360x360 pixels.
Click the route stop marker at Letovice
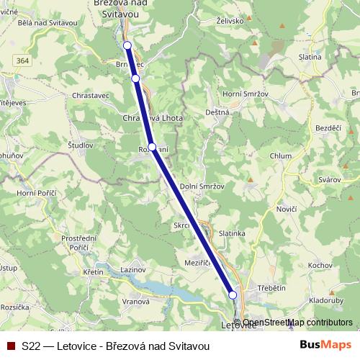tap(233, 294)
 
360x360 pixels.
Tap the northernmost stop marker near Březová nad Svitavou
tap(127, 45)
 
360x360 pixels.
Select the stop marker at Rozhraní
tap(152, 147)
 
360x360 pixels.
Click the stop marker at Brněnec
tap(135, 78)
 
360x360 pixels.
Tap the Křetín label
tap(93, 273)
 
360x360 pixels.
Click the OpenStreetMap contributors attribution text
tap(297, 323)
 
